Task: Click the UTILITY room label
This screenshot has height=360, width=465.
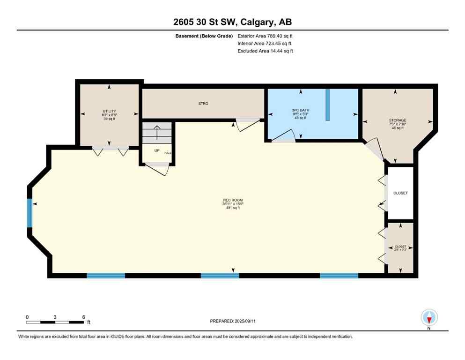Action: (109, 111)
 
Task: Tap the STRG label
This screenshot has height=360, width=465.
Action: (203, 104)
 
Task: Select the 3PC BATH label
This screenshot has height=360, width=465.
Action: (300, 110)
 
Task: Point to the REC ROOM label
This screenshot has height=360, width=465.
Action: (233, 201)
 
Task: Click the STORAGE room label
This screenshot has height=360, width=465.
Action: (397, 120)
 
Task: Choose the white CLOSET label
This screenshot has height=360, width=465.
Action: (400, 193)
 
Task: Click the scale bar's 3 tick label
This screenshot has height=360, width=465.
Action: (55, 317)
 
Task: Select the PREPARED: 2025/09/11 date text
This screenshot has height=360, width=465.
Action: (233, 321)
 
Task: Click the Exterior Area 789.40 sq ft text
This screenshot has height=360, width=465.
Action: (266, 36)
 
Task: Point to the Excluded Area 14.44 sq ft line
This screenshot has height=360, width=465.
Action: (265, 51)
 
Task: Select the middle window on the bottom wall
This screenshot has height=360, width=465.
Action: (220, 276)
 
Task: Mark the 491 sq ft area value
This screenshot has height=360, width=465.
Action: (233, 208)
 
